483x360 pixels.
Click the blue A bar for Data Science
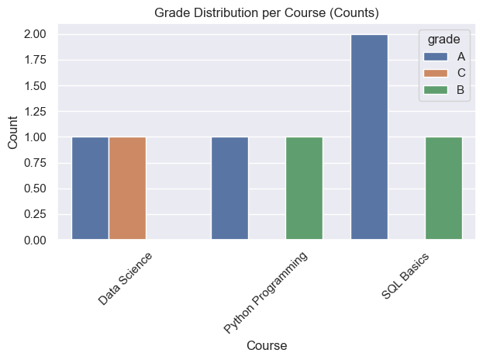(90, 189)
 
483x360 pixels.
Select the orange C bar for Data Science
(127, 189)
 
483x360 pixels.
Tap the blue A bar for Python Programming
(229, 189)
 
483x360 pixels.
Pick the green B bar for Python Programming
(304, 189)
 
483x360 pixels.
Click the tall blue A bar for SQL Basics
(369, 137)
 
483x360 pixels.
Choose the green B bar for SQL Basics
(443, 189)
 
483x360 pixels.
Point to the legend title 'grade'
(445, 39)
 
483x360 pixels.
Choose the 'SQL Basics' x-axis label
(405, 275)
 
